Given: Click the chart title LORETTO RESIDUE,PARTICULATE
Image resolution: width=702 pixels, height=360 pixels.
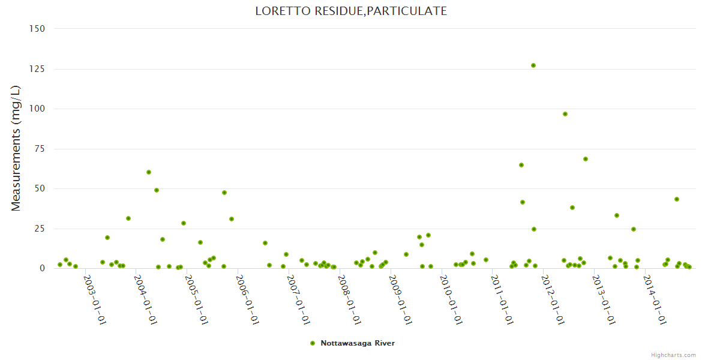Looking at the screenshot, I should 350,11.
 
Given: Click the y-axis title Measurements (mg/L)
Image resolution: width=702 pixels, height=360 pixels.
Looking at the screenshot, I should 16,148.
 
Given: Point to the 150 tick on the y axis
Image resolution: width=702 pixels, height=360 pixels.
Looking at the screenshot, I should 37,29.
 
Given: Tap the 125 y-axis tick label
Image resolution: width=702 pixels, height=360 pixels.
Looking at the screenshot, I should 37,69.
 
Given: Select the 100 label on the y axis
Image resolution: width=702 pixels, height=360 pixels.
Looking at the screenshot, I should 37,109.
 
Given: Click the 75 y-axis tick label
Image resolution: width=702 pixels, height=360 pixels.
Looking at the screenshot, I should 40,149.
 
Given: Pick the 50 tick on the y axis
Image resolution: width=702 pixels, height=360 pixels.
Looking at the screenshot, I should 40,188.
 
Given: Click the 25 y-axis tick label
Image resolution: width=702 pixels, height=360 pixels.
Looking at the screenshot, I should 40,229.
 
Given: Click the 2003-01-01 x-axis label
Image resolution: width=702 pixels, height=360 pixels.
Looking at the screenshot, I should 95,299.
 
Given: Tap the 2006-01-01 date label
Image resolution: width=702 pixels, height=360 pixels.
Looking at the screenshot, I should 247,299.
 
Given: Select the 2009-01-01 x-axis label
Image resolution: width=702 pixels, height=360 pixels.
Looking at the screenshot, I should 400,299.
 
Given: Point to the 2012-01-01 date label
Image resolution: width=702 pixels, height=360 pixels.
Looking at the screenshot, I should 552,299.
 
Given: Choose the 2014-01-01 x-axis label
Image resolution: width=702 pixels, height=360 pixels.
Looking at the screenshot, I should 653,299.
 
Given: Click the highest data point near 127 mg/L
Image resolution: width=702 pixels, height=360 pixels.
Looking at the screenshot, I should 533,65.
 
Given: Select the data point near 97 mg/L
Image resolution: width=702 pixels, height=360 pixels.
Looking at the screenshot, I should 565,114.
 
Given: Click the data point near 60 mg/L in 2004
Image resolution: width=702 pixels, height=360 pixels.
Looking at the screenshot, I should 149,172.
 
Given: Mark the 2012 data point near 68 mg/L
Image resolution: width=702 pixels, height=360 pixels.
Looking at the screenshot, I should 586,159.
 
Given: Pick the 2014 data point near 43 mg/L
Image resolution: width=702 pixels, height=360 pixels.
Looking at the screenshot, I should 677,199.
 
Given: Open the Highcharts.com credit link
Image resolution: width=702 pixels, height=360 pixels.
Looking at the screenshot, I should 673,355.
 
